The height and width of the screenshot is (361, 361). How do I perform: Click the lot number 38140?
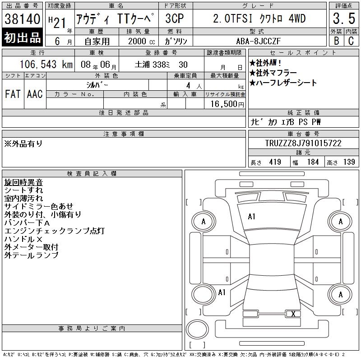coord(22,19)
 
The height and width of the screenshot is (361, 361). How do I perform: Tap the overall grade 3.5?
coord(344,19)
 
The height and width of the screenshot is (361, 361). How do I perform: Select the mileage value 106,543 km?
coord(46,65)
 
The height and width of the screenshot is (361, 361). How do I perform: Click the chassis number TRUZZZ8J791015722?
coord(303,143)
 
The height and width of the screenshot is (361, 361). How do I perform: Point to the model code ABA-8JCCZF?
coord(258,41)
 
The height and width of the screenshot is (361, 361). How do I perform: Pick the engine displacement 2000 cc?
coord(142,42)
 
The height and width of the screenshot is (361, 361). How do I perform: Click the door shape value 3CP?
coord(175,19)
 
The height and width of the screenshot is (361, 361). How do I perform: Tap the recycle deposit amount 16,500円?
coord(227,104)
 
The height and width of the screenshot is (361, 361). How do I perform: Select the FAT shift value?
coord(13,94)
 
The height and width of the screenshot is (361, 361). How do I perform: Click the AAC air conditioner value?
coord(35,94)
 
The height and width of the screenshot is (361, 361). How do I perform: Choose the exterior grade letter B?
coord(337,41)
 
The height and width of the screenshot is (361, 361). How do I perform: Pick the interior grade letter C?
coord(351,41)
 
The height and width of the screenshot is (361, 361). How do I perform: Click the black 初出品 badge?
coord(22,37)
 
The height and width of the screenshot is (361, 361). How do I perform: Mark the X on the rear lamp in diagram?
coord(293,314)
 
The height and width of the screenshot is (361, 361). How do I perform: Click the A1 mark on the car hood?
coord(251,217)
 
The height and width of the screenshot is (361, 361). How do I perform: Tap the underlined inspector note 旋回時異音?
coord(23,182)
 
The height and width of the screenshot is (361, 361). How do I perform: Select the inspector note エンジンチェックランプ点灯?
coord(55,231)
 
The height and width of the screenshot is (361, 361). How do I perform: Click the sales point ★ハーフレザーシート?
coord(283,83)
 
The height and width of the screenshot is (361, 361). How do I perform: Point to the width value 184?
coord(313,162)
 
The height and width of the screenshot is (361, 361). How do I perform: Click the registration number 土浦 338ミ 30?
coord(161,65)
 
